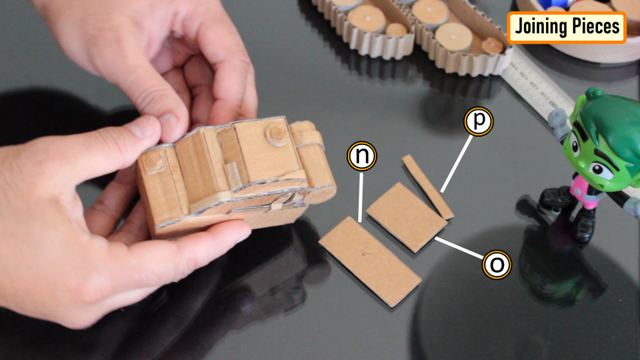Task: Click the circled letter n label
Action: (x=362, y=157)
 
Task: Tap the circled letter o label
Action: (x=497, y=265)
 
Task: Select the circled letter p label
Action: (x=479, y=121)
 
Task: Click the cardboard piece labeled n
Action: (x=370, y=260)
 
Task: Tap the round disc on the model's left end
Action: (x=151, y=161)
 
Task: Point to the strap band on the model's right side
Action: (x=309, y=140)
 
